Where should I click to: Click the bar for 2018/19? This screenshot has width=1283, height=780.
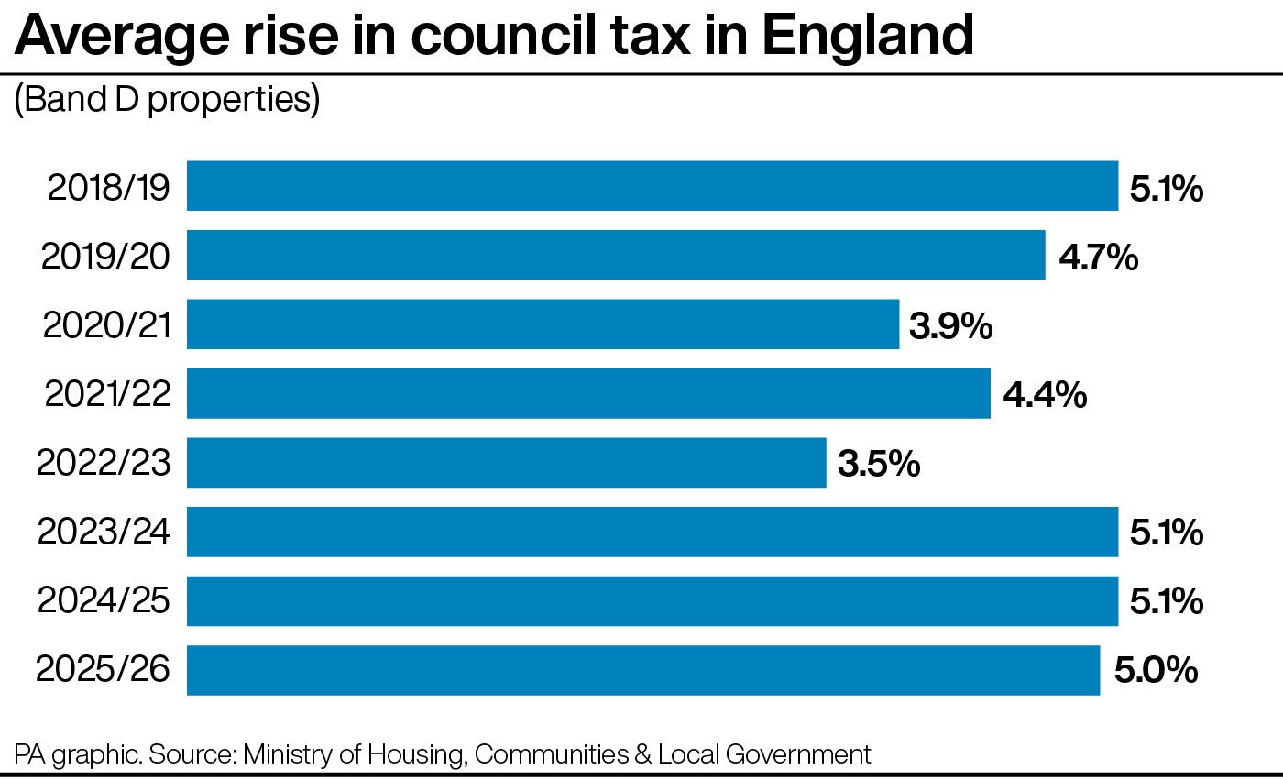(652, 186)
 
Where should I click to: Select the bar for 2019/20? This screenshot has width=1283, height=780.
(616, 255)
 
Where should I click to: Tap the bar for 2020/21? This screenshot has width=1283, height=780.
(543, 324)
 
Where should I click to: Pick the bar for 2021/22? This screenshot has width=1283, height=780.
(588, 393)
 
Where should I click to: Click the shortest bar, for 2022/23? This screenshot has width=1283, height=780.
(506, 463)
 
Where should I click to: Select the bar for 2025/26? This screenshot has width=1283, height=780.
(642, 670)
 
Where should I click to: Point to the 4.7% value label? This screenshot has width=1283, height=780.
(1098, 258)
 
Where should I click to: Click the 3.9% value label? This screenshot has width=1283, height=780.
(950, 326)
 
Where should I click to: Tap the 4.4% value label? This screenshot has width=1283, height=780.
(1045, 395)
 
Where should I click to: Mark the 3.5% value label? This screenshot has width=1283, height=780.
(878, 464)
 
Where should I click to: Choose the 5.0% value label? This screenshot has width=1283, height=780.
(1156, 671)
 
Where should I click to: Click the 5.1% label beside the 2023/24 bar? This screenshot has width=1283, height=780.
(1166, 533)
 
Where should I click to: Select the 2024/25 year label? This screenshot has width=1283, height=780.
(104, 601)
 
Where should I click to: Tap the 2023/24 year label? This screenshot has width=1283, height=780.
(104, 533)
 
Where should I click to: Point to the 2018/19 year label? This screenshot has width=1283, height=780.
(108, 188)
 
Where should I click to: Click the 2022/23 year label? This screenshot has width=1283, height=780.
(104, 464)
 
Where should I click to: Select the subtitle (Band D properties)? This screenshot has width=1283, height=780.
(166, 100)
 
